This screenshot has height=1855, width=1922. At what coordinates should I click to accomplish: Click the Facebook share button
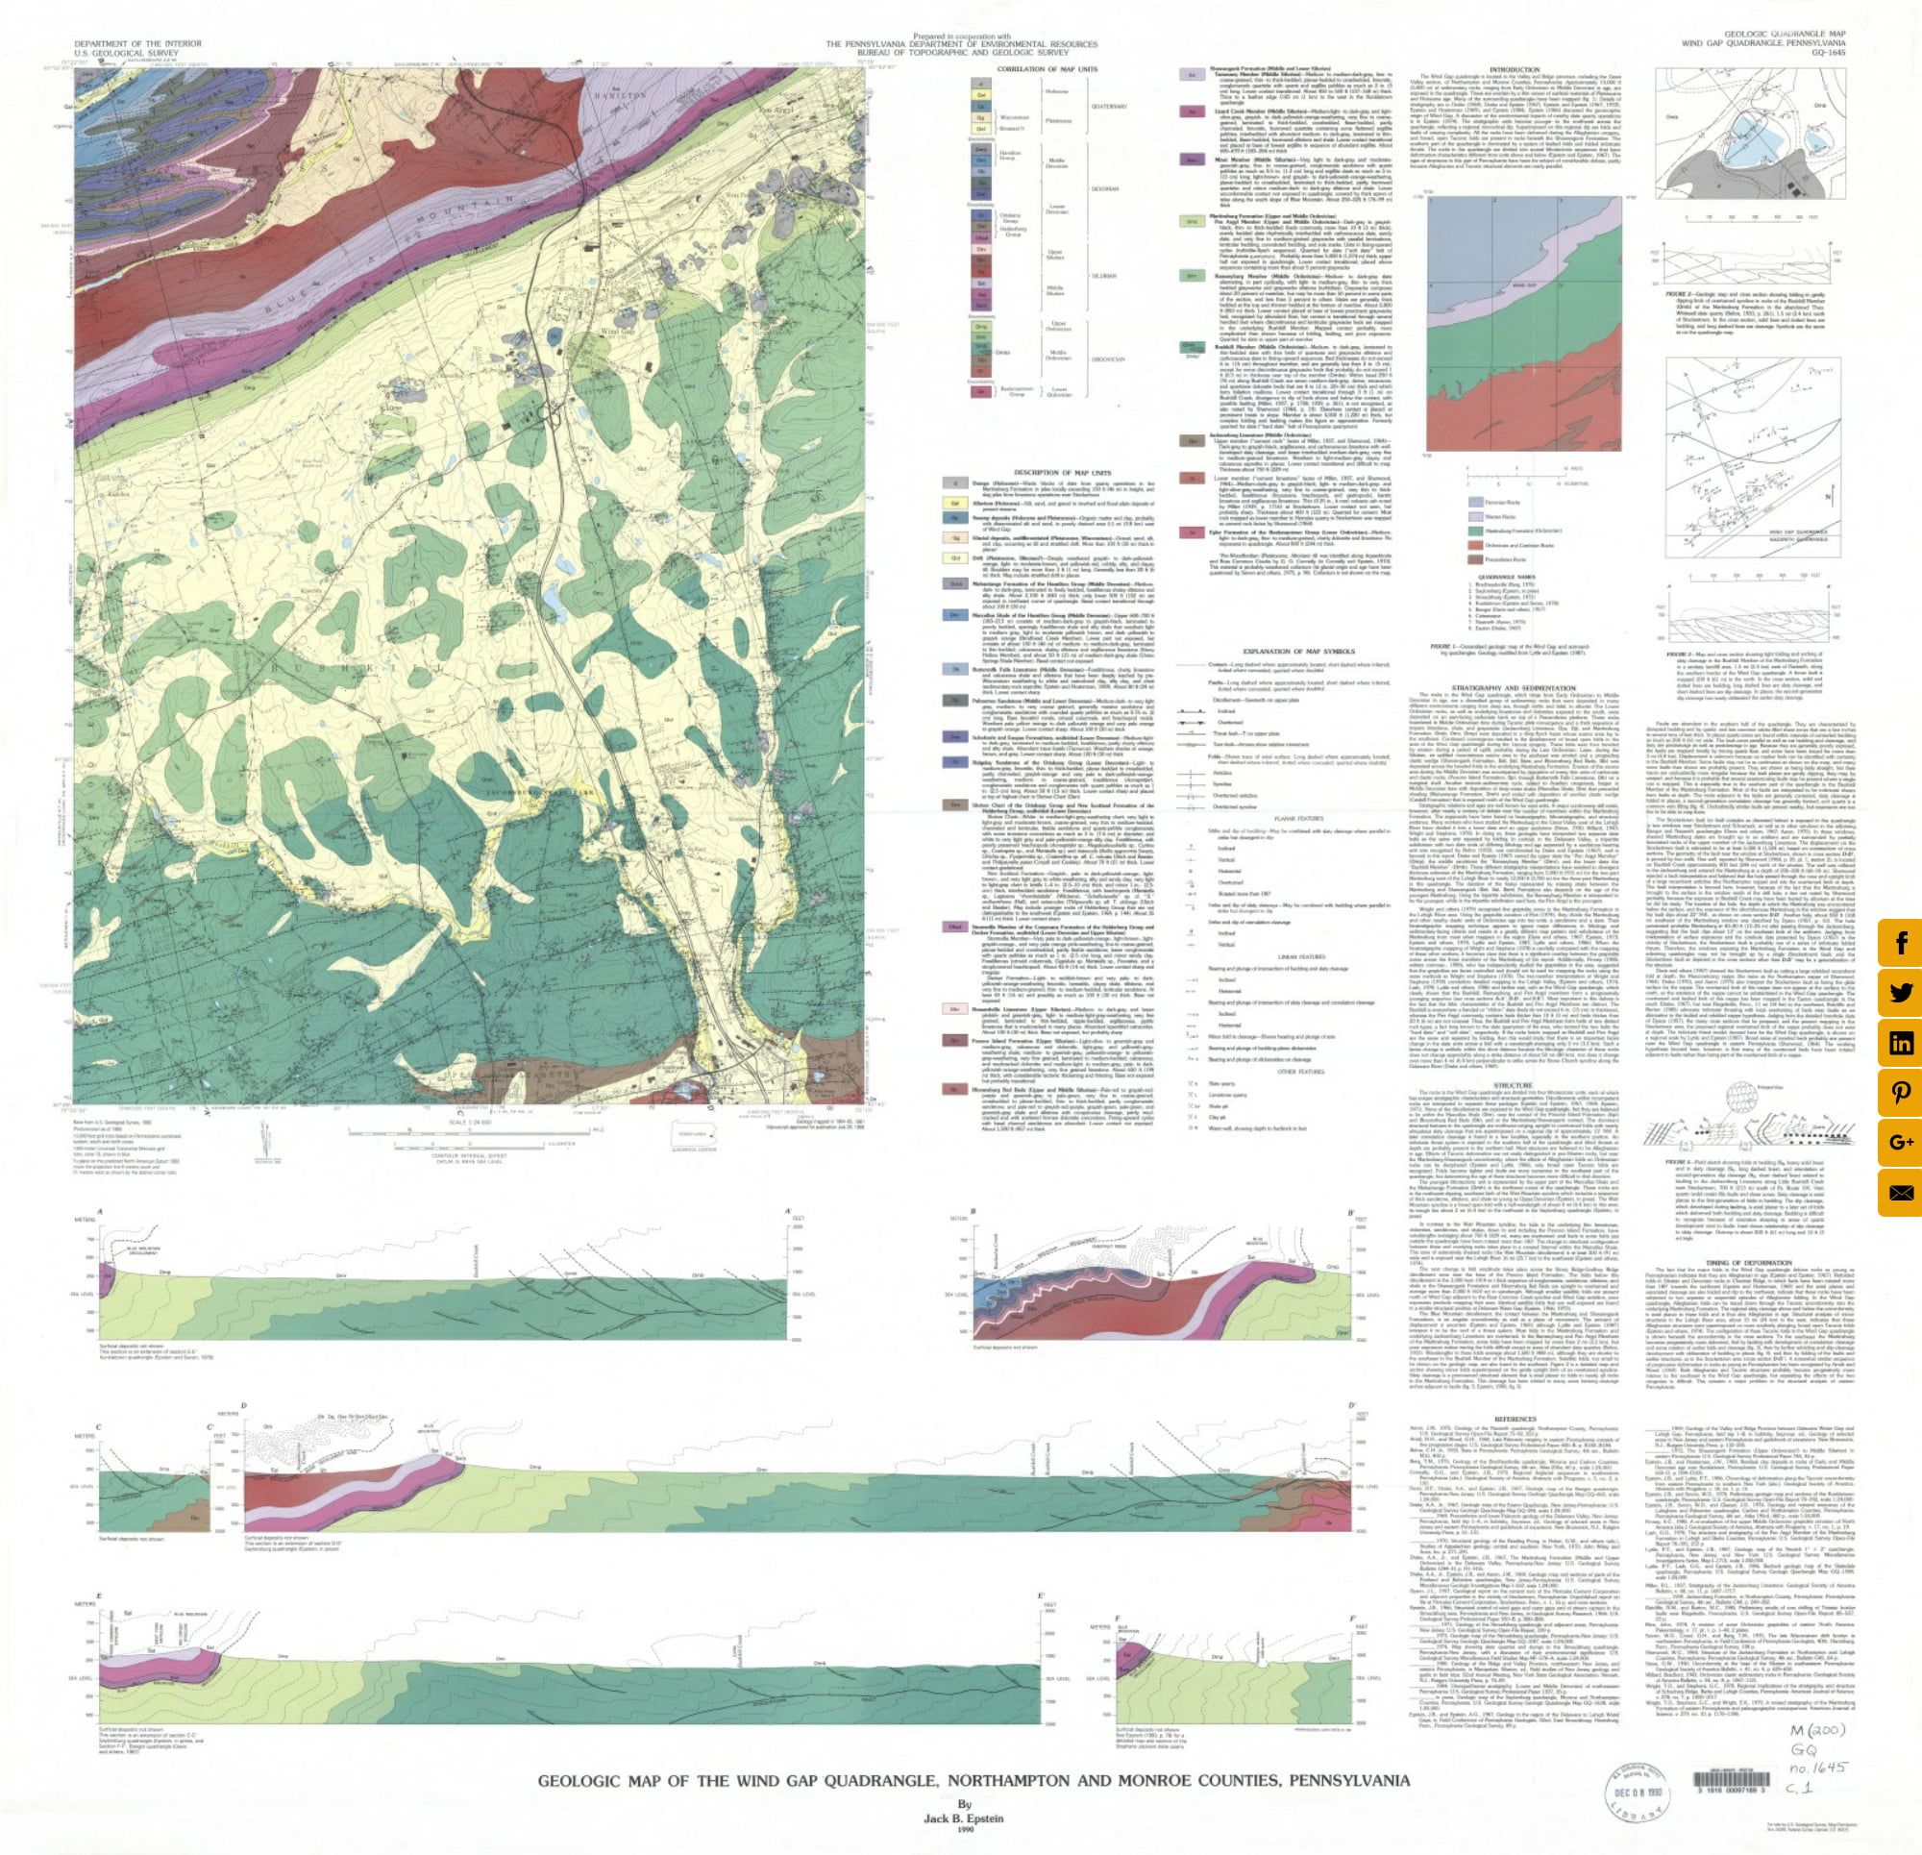pyautogui.click(x=1901, y=944)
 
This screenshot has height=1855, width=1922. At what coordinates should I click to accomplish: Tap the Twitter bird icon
pyautogui.click(x=1901, y=994)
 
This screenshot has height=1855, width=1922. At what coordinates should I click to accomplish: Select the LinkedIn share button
pyautogui.click(x=1901, y=1043)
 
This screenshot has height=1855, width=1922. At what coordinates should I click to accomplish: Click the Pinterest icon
pyautogui.click(x=1901, y=1093)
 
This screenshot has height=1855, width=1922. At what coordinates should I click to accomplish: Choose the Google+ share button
pyautogui.click(x=1901, y=1142)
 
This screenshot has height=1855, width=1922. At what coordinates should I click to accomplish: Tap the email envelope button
pyautogui.click(x=1901, y=1193)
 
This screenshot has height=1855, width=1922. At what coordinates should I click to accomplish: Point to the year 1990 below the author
pyautogui.click(x=964, y=1830)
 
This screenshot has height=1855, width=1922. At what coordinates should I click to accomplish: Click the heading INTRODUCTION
pyautogui.click(x=1515, y=69)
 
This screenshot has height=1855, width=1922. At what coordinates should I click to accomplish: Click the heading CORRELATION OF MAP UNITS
pyautogui.click(x=1047, y=69)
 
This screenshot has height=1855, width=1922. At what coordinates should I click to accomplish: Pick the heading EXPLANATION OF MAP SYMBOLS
pyautogui.click(x=1285, y=651)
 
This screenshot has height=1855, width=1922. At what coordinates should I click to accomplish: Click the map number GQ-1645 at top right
pyautogui.click(x=1816, y=54)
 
